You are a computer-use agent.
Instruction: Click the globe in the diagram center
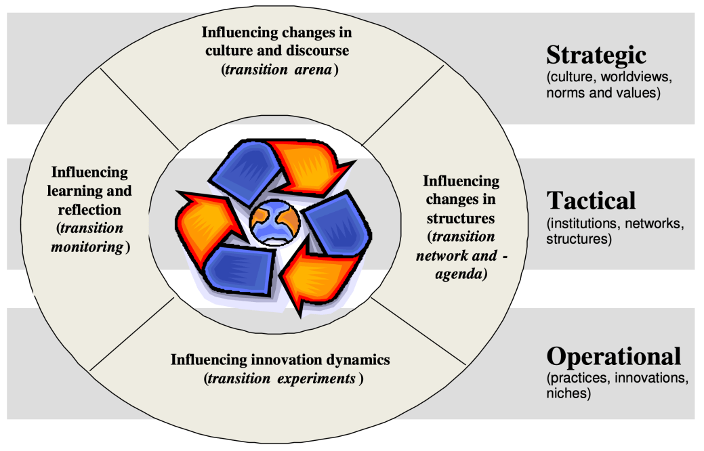[274, 222]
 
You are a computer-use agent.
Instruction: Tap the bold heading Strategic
[596, 55]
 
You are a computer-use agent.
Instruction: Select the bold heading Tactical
[591, 200]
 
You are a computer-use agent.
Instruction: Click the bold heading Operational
[613, 356]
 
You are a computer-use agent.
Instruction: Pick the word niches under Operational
[568, 393]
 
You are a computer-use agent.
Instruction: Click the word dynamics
[356, 359]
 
